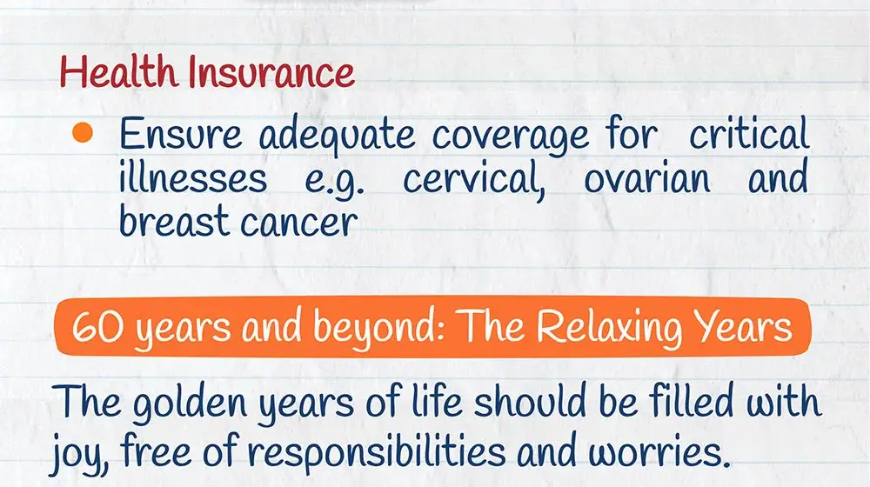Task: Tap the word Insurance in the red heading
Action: coord(271,73)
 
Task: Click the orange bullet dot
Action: coord(82,132)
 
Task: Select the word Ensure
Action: coord(181,134)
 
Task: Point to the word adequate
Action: coord(337,136)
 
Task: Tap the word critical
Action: coord(749,132)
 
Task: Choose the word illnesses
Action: coord(193,177)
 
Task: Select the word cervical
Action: coord(474,177)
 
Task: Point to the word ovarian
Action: coord(647,177)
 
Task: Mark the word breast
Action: coord(174,220)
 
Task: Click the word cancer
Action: coord(299,223)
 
